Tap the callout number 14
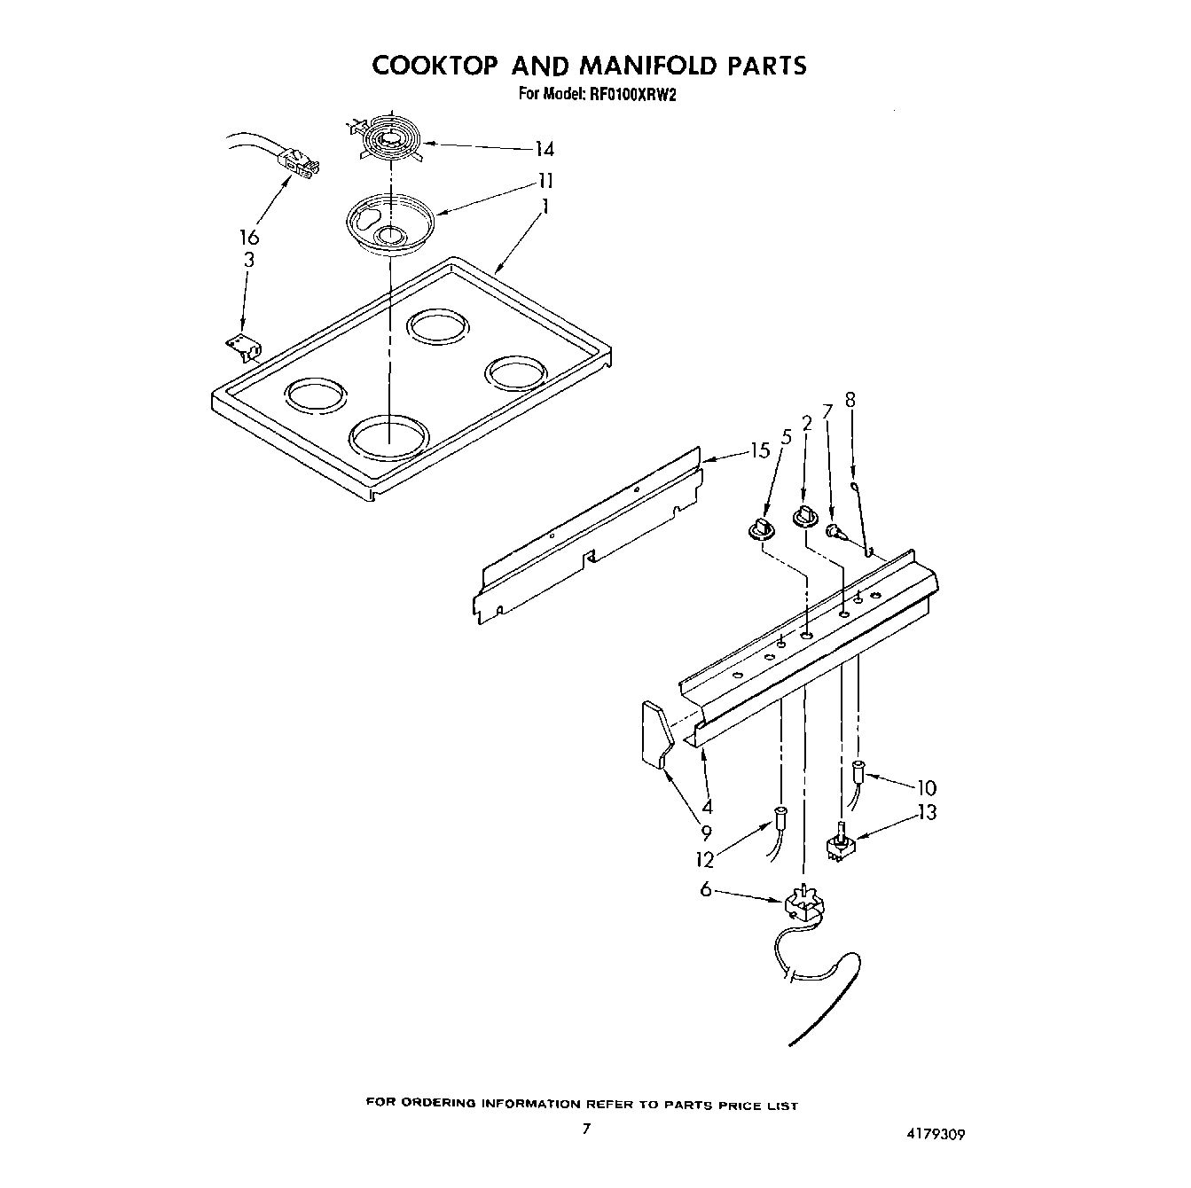pos(544,148)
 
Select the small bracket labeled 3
pos(240,347)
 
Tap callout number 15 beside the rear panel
pos(759,451)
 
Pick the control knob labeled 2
pos(805,516)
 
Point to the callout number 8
pos(850,400)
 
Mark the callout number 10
pos(926,787)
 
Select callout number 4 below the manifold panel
pos(707,807)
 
